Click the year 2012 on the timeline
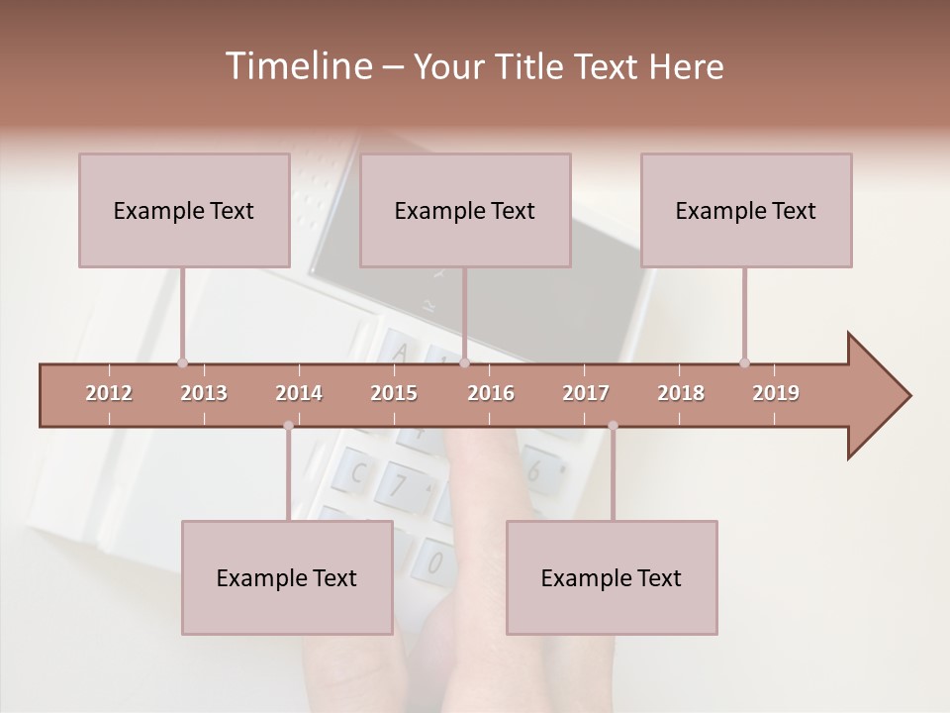109,393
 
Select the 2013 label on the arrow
204,393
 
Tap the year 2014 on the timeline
299,393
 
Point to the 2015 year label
394,393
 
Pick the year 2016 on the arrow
491,393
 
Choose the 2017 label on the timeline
586,393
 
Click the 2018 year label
681,393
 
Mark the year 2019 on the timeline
776,393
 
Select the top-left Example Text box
184,210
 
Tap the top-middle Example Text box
465,210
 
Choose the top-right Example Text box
746,210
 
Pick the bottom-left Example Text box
287,577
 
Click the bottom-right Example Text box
612,577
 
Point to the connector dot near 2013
182,362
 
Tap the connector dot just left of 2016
464,362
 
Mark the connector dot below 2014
288,426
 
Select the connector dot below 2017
613,426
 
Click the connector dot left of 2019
744,362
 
